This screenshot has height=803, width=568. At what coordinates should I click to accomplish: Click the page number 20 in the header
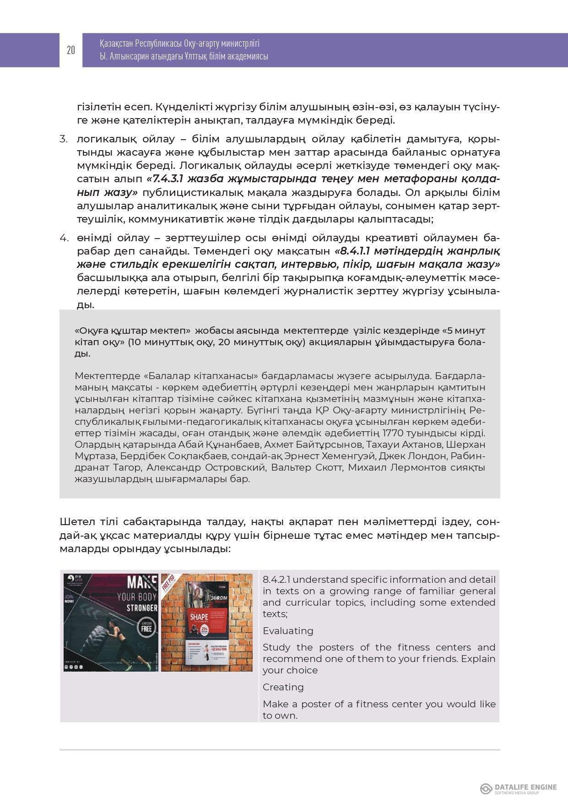coord(70,50)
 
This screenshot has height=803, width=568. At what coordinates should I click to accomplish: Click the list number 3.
coord(64,139)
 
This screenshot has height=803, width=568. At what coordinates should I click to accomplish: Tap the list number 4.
coord(64,238)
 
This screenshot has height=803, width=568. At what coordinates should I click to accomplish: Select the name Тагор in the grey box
coord(126,467)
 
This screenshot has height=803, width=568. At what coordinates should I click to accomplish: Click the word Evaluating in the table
coord(288,631)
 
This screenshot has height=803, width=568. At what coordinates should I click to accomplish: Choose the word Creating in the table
coord(283,687)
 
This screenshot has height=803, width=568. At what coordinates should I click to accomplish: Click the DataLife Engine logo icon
coord(486,788)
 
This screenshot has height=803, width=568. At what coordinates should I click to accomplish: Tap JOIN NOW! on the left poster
coord(70,600)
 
